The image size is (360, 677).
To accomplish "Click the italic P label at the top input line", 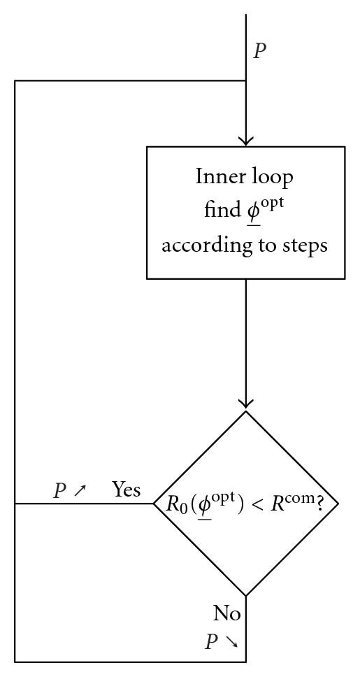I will click(x=259, y=51).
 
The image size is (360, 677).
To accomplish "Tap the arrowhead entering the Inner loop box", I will click(x=246, y=141).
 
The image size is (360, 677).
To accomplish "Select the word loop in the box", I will click(x=273, y=176).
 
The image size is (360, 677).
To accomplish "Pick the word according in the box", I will click(x=203, y=246).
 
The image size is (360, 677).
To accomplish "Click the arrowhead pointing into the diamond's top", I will click(x=246, y=405).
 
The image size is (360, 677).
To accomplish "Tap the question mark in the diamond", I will click(x=321, y=504).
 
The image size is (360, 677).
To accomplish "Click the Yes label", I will click(x=127, y=490).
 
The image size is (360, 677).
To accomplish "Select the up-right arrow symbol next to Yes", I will click(x=80, y=492).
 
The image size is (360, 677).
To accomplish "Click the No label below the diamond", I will click(x=227, y=614).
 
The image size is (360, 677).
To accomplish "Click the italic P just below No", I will click(x=213, y=642).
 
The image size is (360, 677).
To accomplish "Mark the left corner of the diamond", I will click(x=154, y=503).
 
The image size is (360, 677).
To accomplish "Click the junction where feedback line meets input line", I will click(x=246, y=80).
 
